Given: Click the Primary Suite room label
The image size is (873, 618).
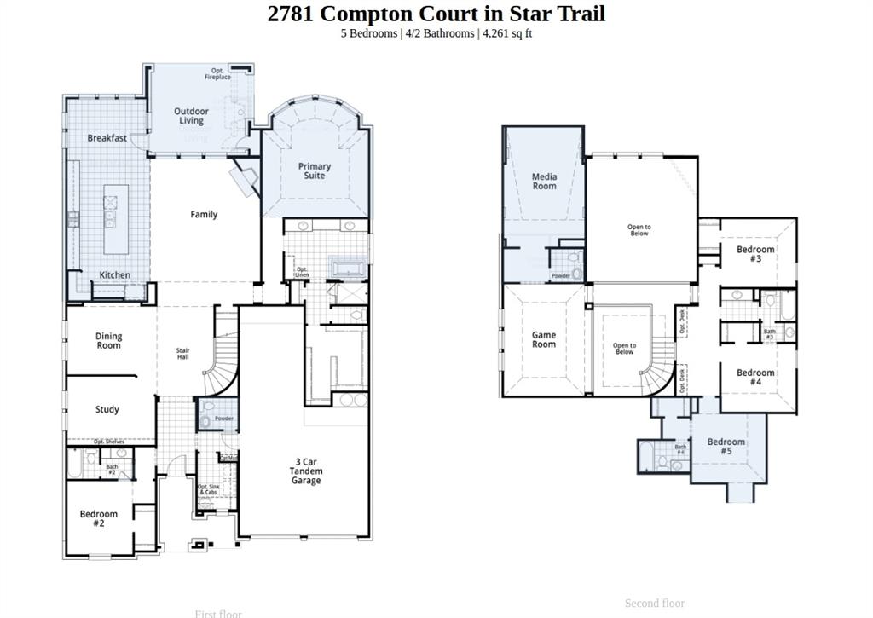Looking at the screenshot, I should point(315,170).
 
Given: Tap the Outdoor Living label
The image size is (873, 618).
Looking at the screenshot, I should point(191,116).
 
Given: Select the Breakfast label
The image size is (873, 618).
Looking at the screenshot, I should point(107,138).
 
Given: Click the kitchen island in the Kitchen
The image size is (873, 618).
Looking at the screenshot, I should point(117,220).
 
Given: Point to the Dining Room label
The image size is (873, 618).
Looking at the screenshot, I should point(108,341).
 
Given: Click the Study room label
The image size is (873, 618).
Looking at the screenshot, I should point(107,410).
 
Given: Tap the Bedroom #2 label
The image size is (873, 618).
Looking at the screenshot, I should point(99,519).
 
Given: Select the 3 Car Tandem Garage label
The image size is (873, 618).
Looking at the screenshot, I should point(306,471).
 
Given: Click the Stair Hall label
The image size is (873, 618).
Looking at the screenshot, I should point(182,354).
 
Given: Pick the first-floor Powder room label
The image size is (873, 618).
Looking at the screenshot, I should point(223,419).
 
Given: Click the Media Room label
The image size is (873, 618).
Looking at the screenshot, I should point(544,182).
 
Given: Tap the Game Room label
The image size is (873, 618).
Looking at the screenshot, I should point(544,339).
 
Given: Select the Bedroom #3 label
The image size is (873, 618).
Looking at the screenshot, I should point(755,254).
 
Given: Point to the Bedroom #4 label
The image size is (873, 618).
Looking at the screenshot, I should point(755,378).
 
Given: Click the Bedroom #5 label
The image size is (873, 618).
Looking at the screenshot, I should point(726,446).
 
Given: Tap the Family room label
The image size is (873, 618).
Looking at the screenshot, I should point(204,215).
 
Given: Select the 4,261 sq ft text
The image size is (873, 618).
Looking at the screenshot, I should point(507,33).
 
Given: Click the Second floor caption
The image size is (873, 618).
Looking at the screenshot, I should point(654,603).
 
